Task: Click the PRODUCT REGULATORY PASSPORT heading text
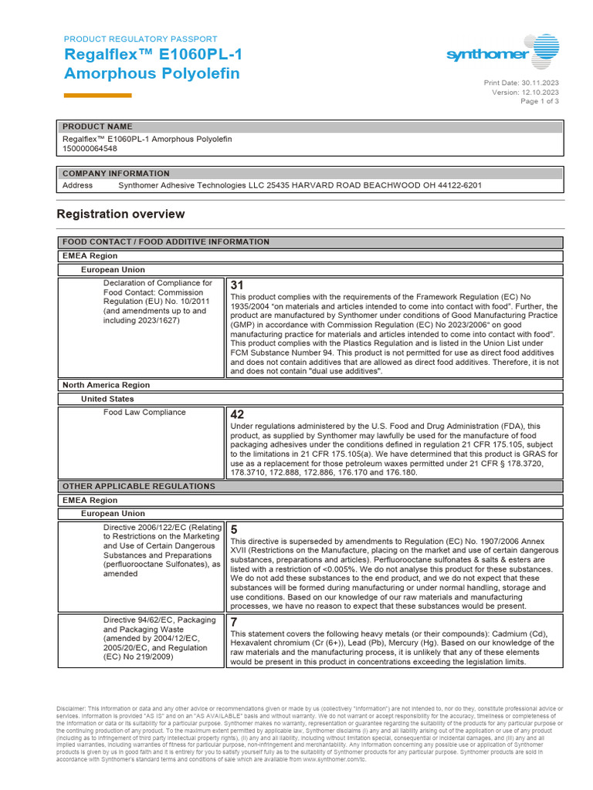point(140,39)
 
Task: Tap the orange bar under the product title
point(97,95)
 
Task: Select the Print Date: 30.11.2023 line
point(521,83)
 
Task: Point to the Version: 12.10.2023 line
point(525,92)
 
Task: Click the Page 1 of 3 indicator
point(540,101)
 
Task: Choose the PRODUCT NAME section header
point(97,127)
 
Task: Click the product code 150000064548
point(90,149)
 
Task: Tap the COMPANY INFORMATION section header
point(116,174)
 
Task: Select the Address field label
point(77,185)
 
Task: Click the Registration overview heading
point(121,214)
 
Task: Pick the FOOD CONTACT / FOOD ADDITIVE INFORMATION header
point(166,242)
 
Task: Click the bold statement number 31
point(237,285)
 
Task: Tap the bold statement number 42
point(237,414)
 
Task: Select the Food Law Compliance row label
point(144,413)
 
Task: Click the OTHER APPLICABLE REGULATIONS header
point(139,486)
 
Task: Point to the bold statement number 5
point(234,529)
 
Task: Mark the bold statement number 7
point(234,621)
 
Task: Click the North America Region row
point(106,385)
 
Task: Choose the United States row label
point(107,399)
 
